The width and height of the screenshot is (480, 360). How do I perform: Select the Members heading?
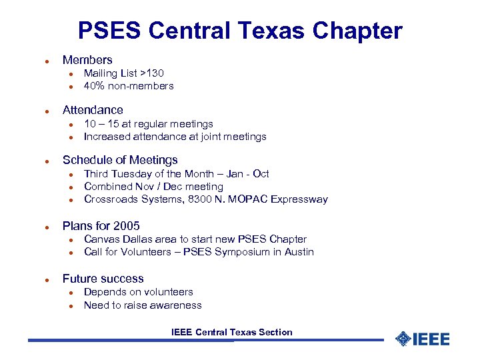[x=87, y=60]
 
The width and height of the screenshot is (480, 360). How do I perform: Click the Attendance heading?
[x=93, y=110]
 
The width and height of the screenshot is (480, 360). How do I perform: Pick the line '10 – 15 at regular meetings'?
[x=148, y=124]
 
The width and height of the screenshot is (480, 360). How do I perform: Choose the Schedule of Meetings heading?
[x=120, y=160]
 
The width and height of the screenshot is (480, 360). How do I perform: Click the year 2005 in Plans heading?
[x=126, y=226]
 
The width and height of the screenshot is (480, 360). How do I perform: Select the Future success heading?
[x=103, y=279]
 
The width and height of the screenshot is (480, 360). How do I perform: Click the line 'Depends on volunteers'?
[x=138, y=292]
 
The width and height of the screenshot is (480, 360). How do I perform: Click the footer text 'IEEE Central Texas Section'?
[x=231, y=332]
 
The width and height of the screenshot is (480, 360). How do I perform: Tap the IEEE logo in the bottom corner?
[x=423, y=339]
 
